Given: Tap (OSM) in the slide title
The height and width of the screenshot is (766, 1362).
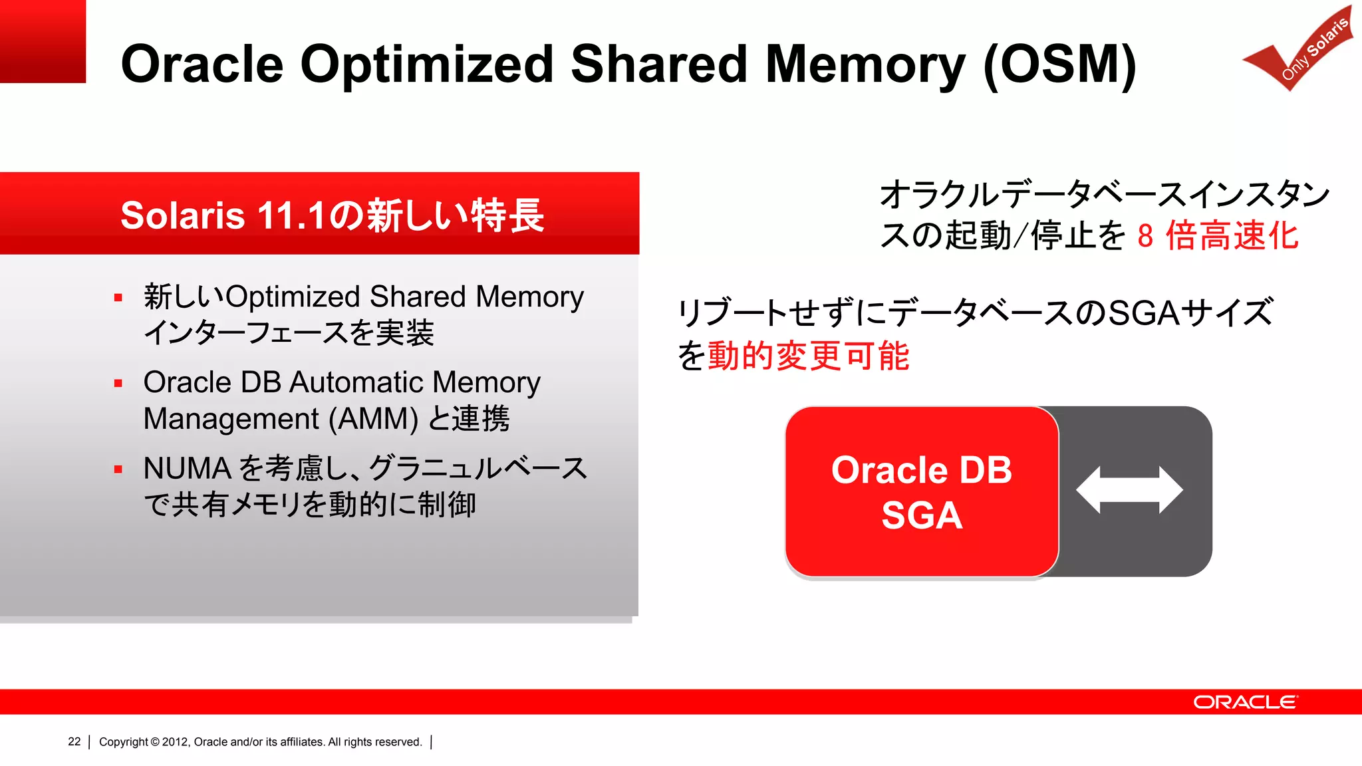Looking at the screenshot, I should pyautogui.click(x=1059, y=65).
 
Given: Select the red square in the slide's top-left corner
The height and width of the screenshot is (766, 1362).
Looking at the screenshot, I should pyautogui.click(x=43, y=41).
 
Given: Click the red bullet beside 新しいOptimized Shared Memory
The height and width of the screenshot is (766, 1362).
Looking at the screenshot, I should pyautogui.click(x=118, y=298).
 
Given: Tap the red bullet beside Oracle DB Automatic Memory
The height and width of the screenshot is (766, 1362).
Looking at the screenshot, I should pyautogui.click(x=118, y=384).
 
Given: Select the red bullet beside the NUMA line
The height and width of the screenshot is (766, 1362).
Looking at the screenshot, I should pyautogui.click(x=118, y=469).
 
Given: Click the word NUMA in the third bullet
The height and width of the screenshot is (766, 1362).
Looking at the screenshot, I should pyautogui.click(x=187, y=469).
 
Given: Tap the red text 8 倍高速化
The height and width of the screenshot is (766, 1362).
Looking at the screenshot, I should pyautogui.click(x=1218, y=236).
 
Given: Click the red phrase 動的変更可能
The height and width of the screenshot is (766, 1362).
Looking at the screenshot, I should pyautogui.click(x=808, y=356).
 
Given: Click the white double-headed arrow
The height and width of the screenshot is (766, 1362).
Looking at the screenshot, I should pyautogui.click(x=1129, y=490).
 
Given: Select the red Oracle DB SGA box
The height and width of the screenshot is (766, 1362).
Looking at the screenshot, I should pyautogui.click(x=922, y=491).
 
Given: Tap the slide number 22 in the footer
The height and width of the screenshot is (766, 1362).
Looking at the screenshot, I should pyautogui.click(x=74, y=742).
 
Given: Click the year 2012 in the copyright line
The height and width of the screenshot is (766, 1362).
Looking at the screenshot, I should pyautogui.click(x=175, y=742).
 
